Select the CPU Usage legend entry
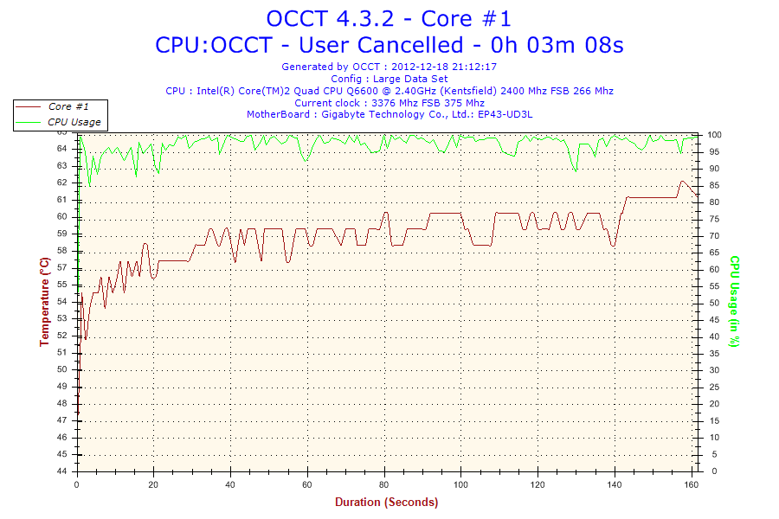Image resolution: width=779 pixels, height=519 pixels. (74, 122)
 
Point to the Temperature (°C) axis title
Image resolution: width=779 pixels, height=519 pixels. (44, 301)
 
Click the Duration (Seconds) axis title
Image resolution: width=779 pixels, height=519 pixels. (386, 502)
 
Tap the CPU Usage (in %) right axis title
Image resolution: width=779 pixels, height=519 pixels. (733, 301)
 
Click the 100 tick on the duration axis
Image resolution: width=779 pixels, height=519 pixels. (461, 484)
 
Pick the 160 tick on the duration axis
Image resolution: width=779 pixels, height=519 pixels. (692, 484)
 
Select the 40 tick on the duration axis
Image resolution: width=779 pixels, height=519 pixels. (231, 484)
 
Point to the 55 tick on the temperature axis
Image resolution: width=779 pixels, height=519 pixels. (61, 285)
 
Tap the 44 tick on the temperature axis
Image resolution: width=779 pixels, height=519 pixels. (61, 471)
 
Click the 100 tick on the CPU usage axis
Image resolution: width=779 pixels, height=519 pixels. (715, 135)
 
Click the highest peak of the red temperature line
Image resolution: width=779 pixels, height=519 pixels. (682, 182)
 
